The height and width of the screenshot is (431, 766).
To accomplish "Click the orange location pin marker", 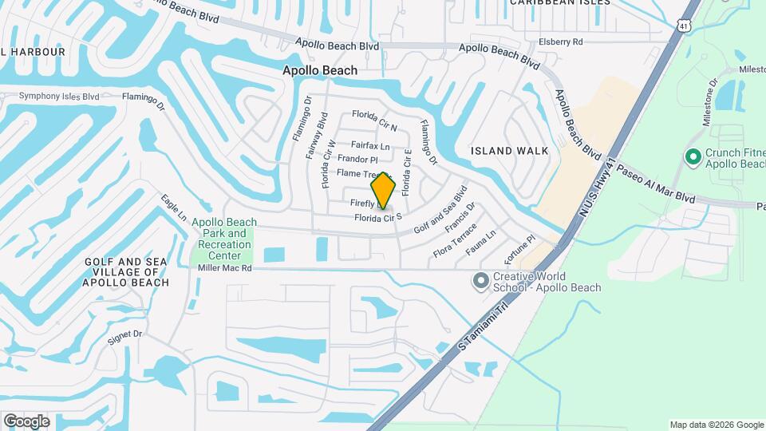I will point(384,190).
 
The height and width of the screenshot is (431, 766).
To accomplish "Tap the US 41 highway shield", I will point(684,26).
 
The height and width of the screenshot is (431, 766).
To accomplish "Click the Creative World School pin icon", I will point(480,280).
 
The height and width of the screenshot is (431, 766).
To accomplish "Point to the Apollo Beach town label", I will point(320,70).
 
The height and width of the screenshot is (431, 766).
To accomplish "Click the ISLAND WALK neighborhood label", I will point(509,150).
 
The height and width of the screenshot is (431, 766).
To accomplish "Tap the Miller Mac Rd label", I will point(224,269).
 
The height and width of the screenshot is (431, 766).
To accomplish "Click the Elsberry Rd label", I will point(561,42).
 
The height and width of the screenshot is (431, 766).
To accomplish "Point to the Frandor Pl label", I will point(357,160).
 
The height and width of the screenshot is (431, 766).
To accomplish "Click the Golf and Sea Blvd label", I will point(440,211).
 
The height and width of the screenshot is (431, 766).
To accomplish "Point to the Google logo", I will point(26,421).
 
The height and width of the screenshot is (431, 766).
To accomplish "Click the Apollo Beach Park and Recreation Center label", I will point(224,239).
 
